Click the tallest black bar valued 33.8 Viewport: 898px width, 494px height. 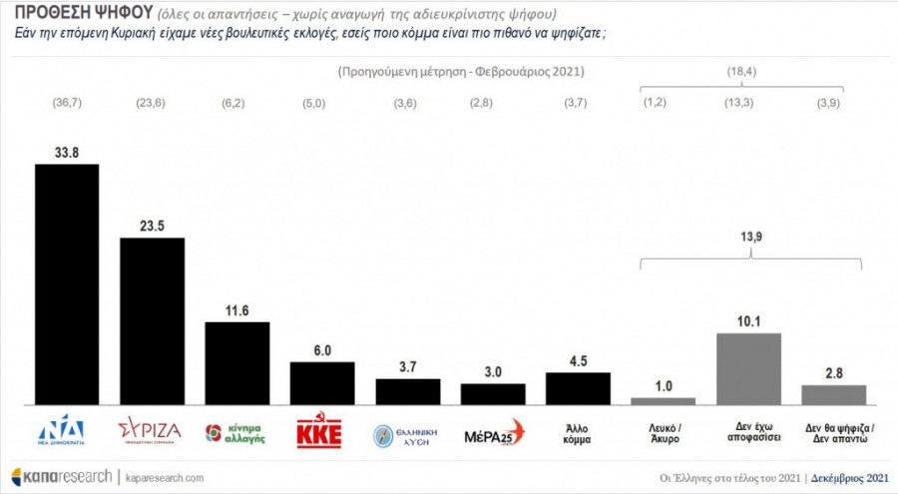click(x=67, y=284)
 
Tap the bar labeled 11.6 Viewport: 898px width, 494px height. click(x=236, y=363)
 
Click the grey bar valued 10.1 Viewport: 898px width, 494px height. click(x=748, y=369)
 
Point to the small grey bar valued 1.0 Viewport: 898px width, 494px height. click(x=663, y=400)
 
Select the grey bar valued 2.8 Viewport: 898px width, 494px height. click(x=834, y=395)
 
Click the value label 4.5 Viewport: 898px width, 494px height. click(x=578, y=362)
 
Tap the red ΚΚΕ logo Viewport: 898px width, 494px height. click(x=319, y=433)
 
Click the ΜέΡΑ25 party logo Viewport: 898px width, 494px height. click(x=494, y=434)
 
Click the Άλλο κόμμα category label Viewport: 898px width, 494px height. click(x=578, y=433)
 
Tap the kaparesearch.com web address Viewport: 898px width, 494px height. click(x=165, y=477)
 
